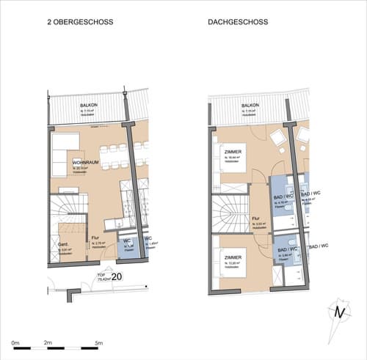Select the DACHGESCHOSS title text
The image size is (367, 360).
[x=238, y=23]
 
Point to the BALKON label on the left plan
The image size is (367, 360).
[x=90, y=106]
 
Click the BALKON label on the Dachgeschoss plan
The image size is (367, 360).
[x=250, y=106]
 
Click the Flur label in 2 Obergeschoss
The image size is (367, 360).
[x=95, y=238]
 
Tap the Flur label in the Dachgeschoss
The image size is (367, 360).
[x=255, y=218]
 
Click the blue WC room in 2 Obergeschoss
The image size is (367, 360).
[x=127, y=246]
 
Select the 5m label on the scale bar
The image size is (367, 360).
[x=98, y=342]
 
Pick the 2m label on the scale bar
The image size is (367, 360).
[x=48, y=342]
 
